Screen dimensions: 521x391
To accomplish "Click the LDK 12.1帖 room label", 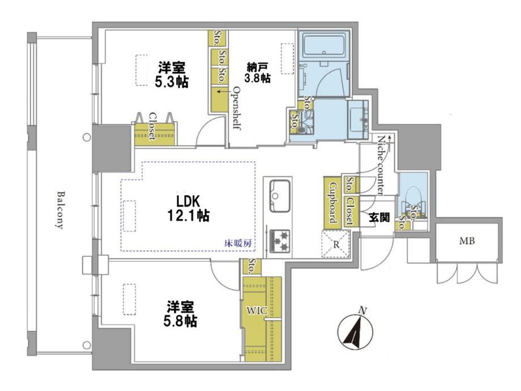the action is (188, 208).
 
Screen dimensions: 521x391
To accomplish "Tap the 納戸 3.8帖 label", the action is (258, 73).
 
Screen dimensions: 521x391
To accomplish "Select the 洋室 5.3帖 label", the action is (172, 75).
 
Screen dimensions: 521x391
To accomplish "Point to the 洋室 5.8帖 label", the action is (180, 314).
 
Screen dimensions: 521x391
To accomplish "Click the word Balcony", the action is (59, 210).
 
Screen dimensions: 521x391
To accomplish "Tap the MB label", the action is (467, 241).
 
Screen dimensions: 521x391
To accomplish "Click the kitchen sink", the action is (279, 196).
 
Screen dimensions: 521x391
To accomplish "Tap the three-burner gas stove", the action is (279, 241).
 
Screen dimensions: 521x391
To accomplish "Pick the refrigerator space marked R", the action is (336, 244).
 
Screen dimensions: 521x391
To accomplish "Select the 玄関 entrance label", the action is (379, 217).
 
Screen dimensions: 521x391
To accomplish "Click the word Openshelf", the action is (236, 108).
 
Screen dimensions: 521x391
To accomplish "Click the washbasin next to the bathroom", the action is (357, 119).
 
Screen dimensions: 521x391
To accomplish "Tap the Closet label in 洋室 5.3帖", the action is (152, 126).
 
